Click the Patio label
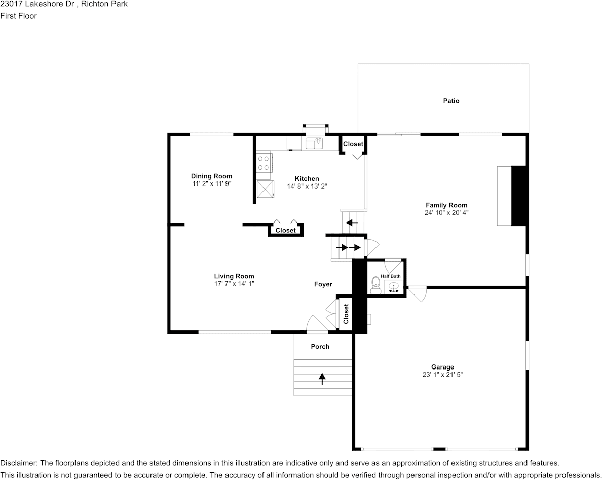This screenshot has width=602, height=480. coord(451,101)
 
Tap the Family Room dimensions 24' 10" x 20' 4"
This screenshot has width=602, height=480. coord(446,213)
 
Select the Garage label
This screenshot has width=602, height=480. coord(442,367)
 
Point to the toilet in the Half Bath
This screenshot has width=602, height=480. coord(375,285)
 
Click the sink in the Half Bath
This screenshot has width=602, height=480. coord(394,288)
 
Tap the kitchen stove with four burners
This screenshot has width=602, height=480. coord(264,163)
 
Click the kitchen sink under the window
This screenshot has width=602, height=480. coord(314,143)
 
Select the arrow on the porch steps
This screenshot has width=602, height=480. coord(322,378)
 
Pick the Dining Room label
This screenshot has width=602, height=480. coord(211,176)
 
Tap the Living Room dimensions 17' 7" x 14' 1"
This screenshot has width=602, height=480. coord(234,284)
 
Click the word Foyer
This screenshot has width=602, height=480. coord(323,284)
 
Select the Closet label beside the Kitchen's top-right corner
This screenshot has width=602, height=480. coord(353,144)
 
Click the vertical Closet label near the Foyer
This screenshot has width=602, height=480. coord(346,314)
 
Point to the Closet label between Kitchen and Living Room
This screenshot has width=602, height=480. coord(285,230)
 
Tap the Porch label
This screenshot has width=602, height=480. coord(320,347)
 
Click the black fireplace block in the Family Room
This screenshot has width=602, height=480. coord(519,196)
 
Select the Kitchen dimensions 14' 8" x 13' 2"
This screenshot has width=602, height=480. coord(307,186)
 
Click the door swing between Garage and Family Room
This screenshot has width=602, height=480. coord(419,294)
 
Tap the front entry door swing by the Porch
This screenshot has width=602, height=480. coord(317,324)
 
